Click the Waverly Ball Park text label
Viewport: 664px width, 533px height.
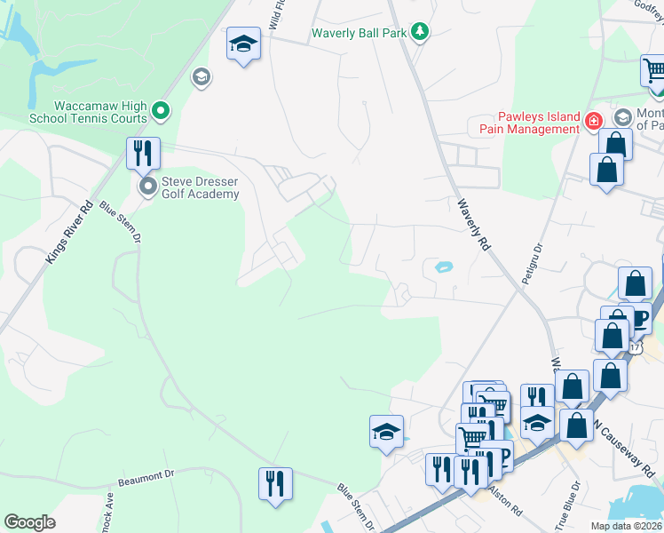(x=360, y=34)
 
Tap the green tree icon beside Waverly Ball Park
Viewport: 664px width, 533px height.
(x=421, y=33)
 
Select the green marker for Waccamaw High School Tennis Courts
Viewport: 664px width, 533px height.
(x=161, y=111)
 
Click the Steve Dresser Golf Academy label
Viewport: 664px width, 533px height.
(x=200, y=187)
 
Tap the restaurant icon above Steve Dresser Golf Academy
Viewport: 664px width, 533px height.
(x=142, y=153)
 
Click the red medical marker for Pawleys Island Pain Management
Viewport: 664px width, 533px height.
(x=593, y=119)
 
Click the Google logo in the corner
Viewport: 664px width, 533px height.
(x=30, y=522)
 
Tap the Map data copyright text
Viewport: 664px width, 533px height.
(x=626, y=526)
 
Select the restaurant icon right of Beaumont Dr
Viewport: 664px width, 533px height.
(x=274, y=484)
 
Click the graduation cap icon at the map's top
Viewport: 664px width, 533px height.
(x=242, y=44)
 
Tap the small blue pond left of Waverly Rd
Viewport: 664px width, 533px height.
(x=441, y=266)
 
